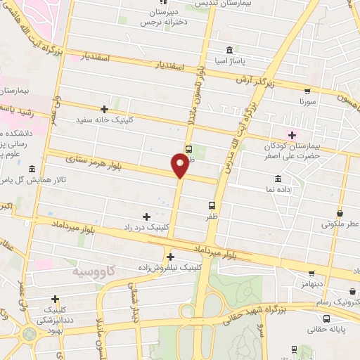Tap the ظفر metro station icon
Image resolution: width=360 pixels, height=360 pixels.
pos(212,206)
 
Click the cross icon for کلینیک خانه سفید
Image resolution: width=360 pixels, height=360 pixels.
pos(104,109)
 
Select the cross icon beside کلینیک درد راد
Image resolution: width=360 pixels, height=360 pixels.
pos(146,217)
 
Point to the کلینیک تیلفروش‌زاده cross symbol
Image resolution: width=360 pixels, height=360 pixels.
pos(171,257)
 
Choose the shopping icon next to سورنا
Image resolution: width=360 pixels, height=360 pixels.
pos(307,91)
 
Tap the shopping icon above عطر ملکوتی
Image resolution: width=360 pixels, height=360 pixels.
pos(340,213)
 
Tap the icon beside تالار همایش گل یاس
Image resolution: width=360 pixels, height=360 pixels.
pos(33,169)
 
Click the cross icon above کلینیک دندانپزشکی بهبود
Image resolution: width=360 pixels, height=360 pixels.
pos(55,299)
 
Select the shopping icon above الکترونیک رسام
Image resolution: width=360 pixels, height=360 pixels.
pos(352,291)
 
